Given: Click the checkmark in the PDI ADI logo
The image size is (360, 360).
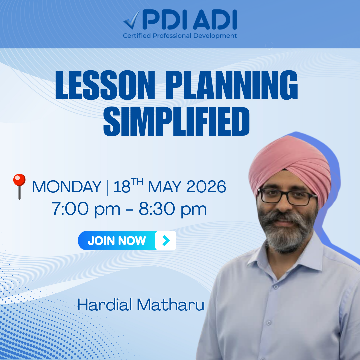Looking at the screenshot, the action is click(x=132, y=20).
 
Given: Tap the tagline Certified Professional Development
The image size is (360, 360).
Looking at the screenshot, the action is click(x=180, y=36).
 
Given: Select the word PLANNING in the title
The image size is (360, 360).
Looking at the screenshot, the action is click(x=232, y=85).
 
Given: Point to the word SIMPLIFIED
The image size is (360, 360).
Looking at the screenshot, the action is click(x=176, y=121).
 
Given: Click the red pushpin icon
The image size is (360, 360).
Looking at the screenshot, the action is click(x=19, y=186).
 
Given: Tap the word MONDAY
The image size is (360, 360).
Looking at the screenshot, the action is click(x=67, y=187).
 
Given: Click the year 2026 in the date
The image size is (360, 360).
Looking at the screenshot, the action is click(x=206, y=187).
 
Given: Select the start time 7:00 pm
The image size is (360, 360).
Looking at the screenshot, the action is click(x=86, y=209).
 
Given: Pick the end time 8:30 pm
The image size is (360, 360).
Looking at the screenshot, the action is click(x=173, y=209).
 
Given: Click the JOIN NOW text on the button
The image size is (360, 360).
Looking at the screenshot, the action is click(x=117, y=241).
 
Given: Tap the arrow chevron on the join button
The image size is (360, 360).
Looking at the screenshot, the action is click(x=166, y=241).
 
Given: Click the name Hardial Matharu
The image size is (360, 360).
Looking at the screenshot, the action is click(x=141, y=305).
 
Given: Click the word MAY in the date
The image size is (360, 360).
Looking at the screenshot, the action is click(x=165, y=187).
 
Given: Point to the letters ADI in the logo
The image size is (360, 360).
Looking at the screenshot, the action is click(x=215, y=20).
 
